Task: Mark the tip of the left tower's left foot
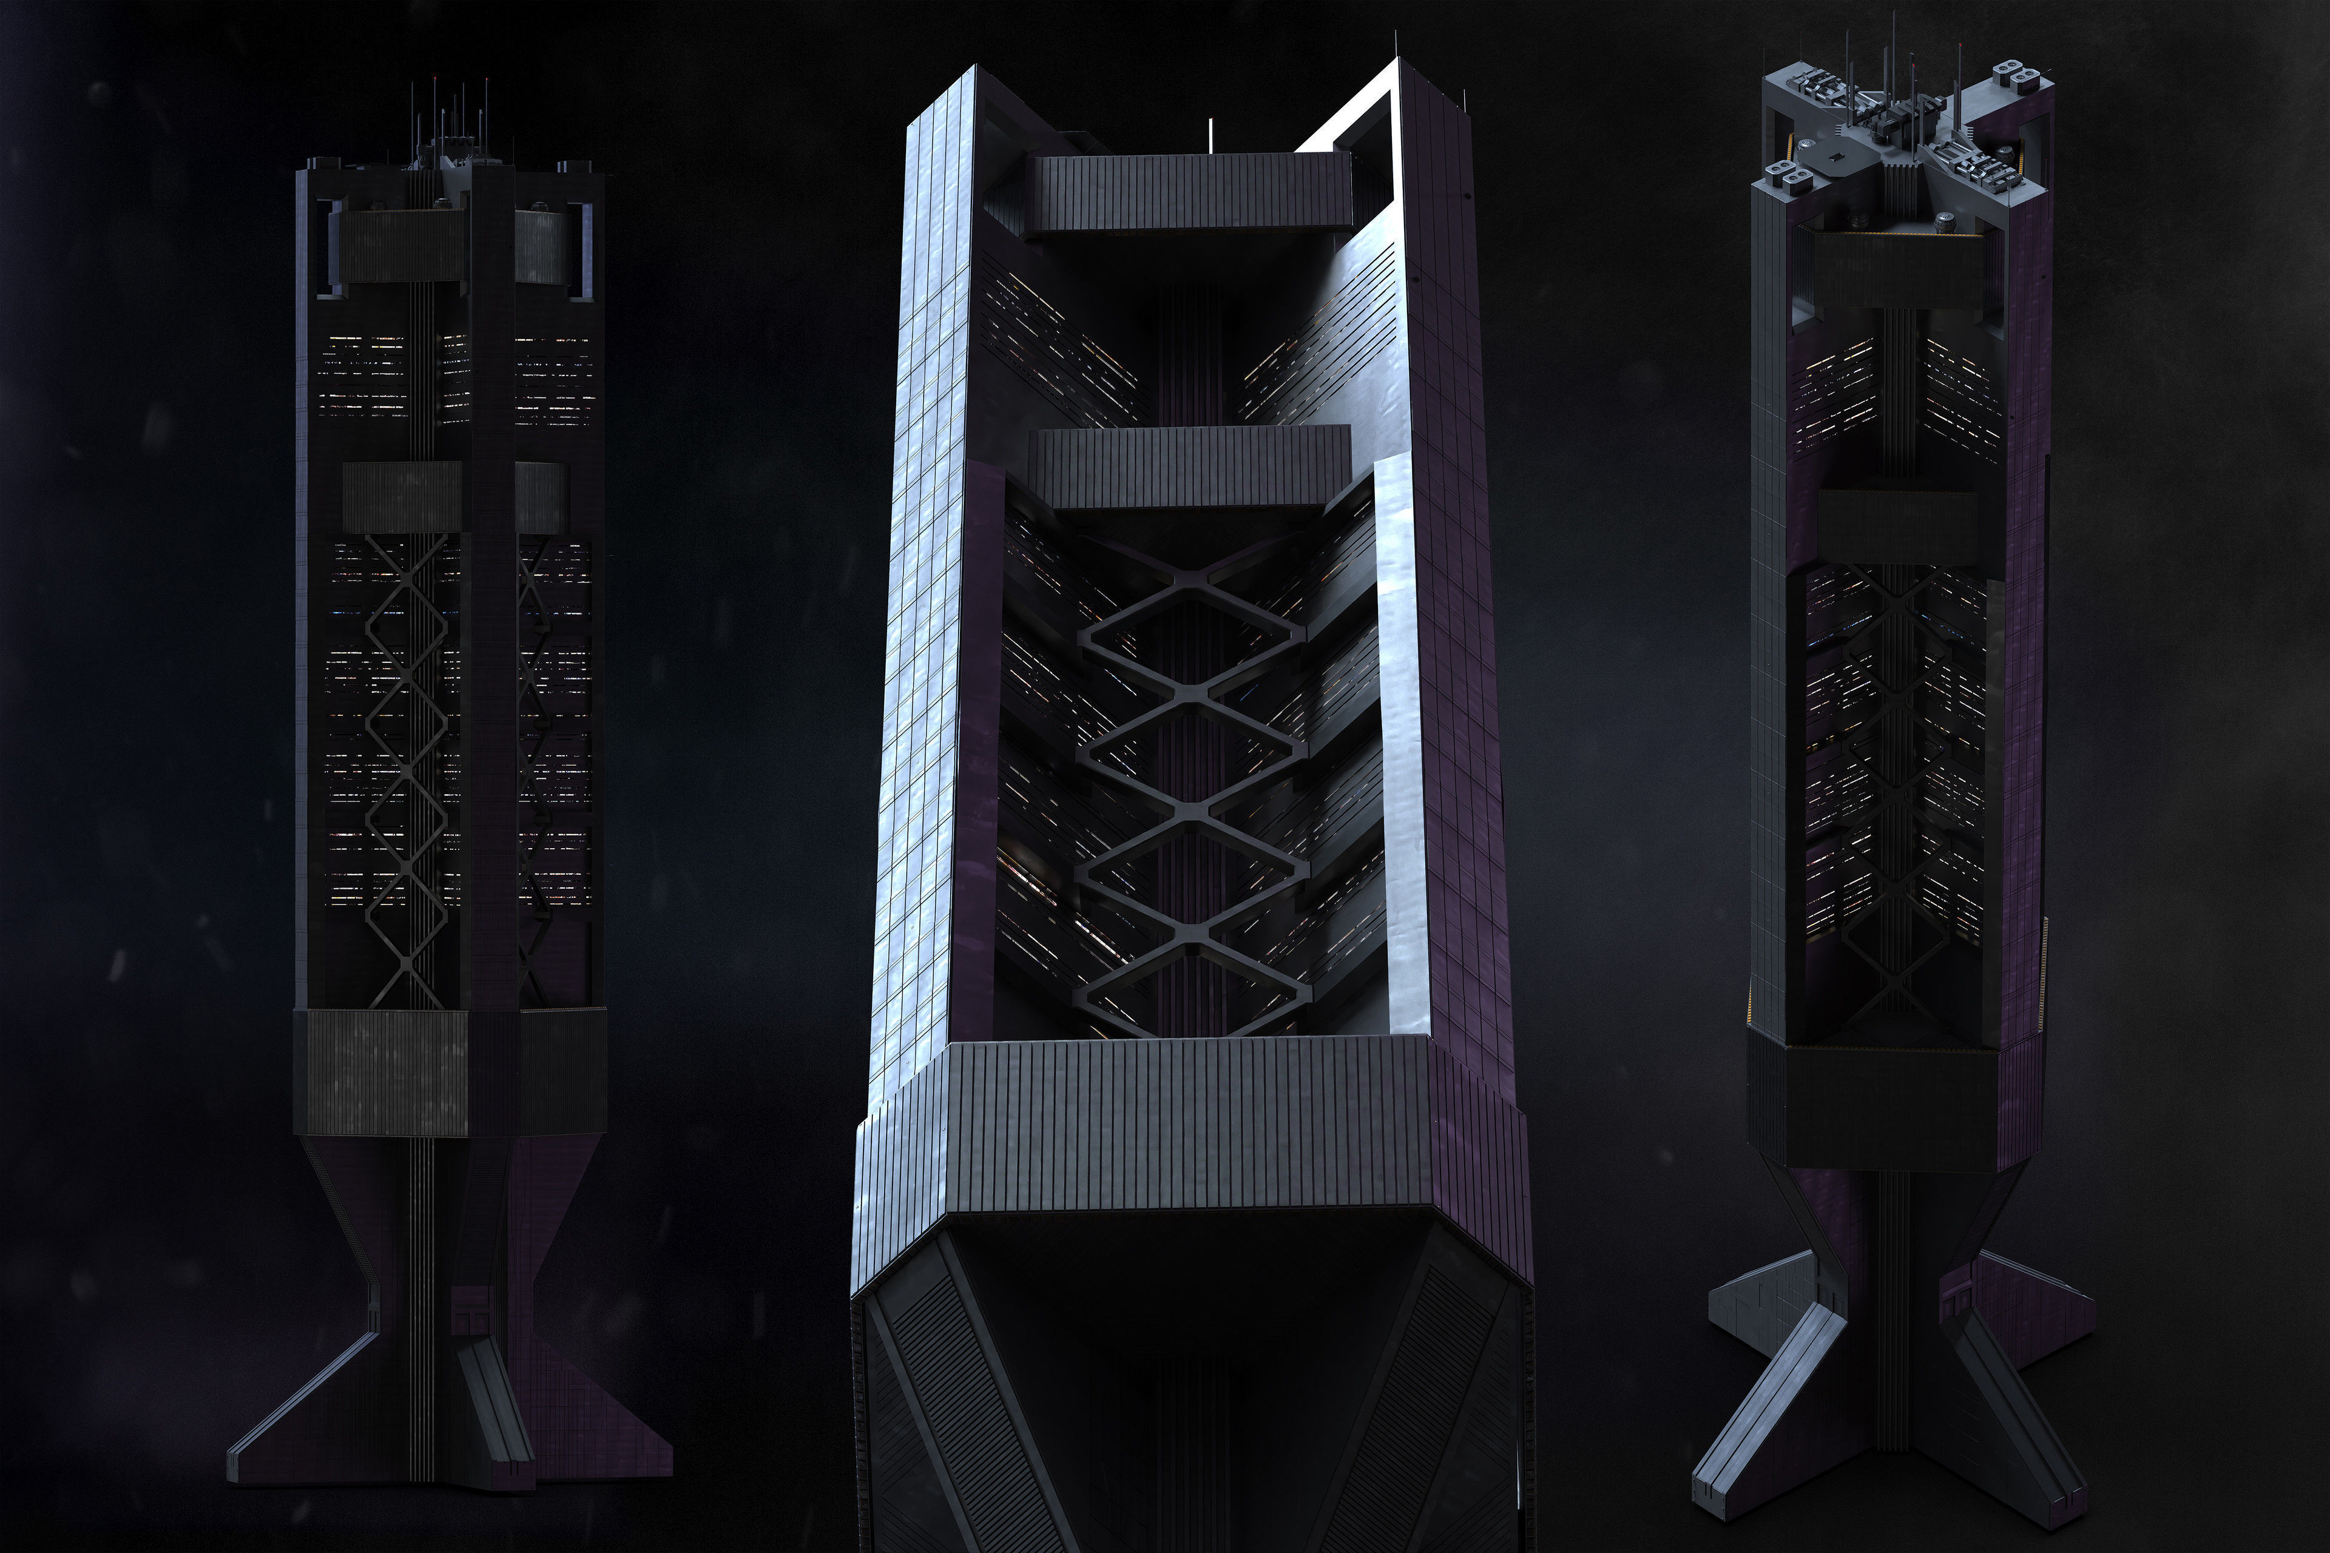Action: [238, 1456]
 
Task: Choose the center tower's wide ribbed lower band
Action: [1189, 1119]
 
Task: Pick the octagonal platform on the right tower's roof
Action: [1843, 158]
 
